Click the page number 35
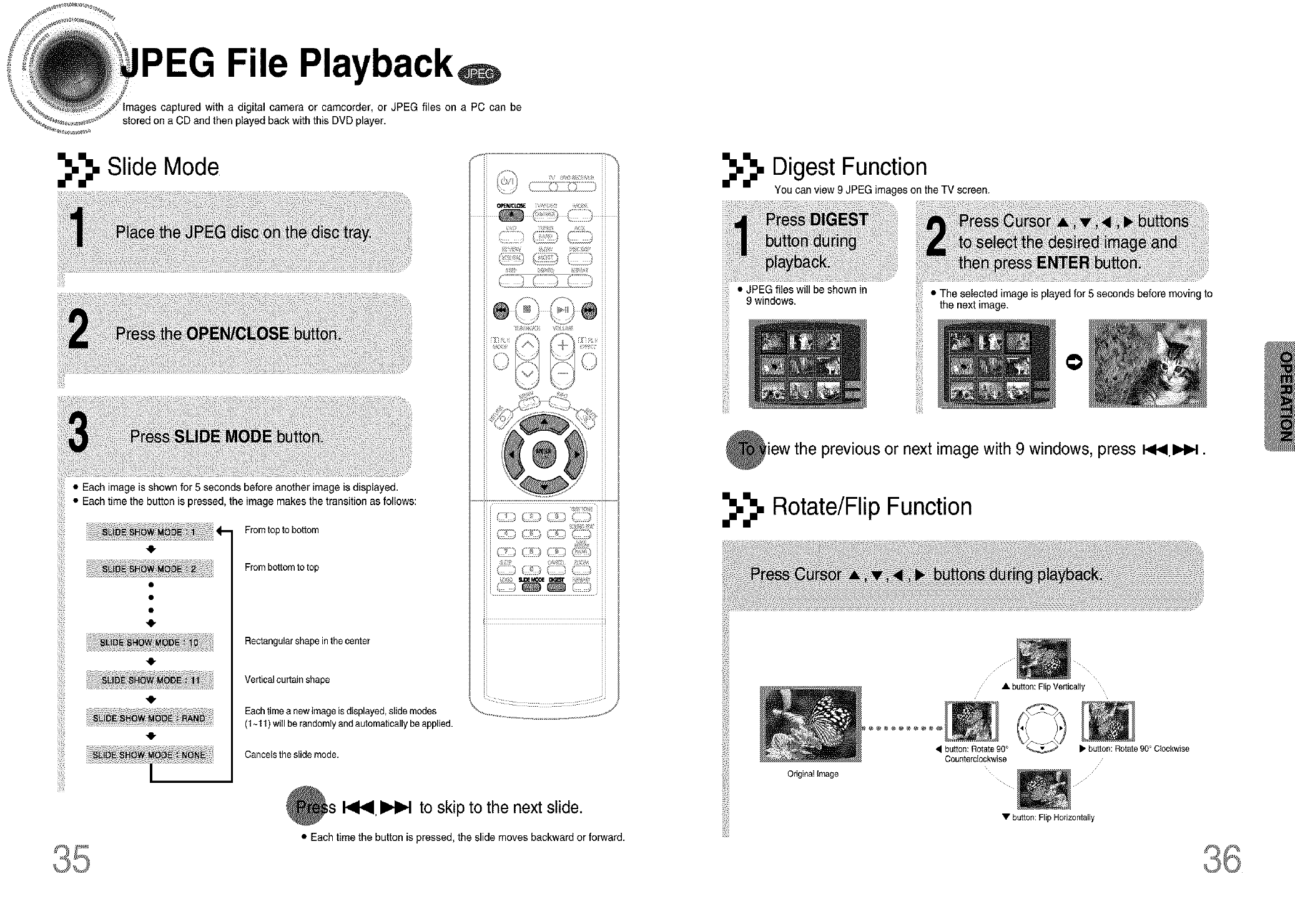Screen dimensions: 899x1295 [x=72, y=860]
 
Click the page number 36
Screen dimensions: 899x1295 [x=1222, y=860]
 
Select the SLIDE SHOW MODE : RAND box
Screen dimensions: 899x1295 [x=149, y=718]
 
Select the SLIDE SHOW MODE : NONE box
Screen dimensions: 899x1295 [x=149, y=755]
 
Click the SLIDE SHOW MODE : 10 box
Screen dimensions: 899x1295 [x=149, y=642]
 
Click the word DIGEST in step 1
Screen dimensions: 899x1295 [x=838, y=220]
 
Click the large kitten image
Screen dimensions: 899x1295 [x=1147, y=363]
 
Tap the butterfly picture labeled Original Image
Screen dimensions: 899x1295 [x=810, y=724]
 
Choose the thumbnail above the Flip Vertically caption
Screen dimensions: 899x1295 [x=1043, y=659]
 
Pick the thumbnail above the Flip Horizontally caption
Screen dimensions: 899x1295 [x=1043, y=789]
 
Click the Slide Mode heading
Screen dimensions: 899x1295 [x=163, y=167]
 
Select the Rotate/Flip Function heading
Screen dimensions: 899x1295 [x=872, y=507]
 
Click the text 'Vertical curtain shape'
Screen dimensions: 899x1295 [x=287, y=679]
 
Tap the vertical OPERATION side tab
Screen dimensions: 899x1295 [x=1284, y=396]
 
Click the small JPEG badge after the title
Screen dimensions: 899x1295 [x=480, y=74]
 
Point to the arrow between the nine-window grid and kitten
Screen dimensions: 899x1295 [x=1073, y=363]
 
